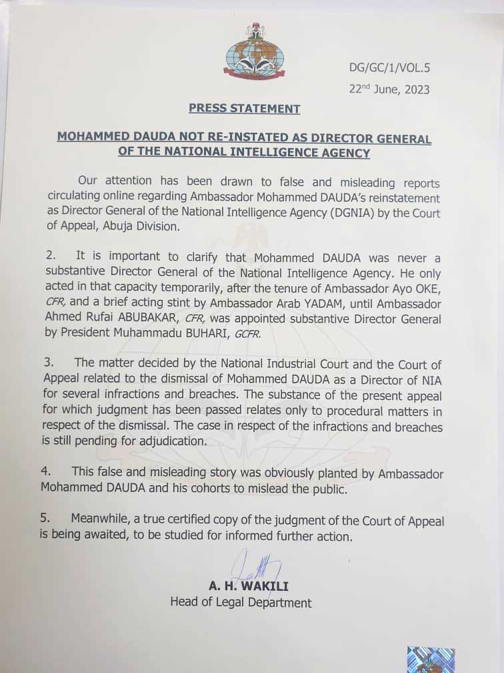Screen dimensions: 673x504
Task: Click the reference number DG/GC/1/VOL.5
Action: (389, 67)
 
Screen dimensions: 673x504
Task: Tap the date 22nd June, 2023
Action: (389, 89)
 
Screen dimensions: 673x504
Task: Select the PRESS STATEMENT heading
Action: (244, 108)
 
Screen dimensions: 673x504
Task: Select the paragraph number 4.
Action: (45, 473)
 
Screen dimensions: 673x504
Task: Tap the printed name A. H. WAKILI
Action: (248, 587)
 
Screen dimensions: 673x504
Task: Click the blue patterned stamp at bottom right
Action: (431, 659)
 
